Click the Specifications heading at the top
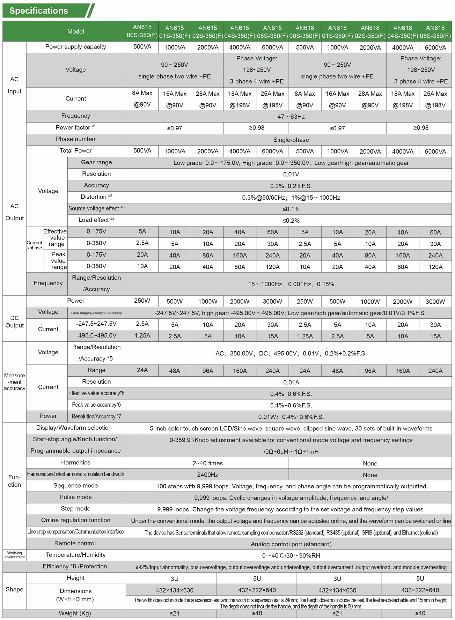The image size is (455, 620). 39,11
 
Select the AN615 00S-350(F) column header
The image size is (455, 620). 142,31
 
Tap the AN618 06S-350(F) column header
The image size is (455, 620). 435,31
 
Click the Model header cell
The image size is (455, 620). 75,31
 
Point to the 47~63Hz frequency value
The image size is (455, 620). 291,117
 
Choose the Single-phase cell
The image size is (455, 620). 291,140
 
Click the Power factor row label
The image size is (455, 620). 75,128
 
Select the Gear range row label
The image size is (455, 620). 96,162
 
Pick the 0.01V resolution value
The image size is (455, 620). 291,174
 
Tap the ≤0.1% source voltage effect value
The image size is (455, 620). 291,209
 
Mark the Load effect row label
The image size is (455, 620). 96,220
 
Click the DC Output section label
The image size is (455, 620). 14,322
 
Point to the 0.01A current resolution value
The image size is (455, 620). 291,382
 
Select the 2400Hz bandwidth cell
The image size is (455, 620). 207,475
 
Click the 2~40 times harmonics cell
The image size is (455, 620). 207,463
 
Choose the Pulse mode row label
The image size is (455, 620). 75,497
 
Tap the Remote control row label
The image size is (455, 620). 75,543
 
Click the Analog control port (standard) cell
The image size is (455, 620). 291,544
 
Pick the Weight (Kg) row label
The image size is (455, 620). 75,613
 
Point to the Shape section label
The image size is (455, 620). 14,589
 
